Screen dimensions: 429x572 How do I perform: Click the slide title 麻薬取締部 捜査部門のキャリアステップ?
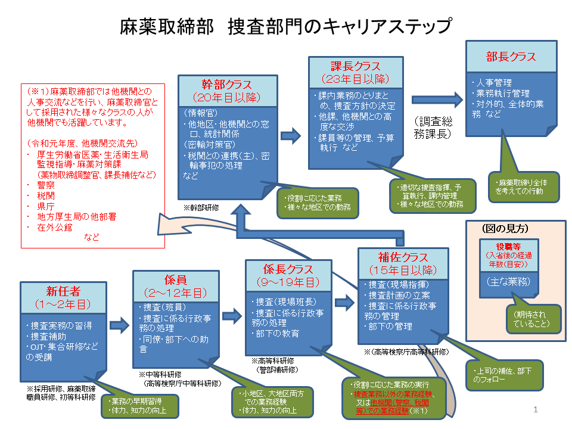pyautogui.click(x=285, y=27)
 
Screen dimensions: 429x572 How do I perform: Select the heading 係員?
pyautogui.click(x=176, y=279)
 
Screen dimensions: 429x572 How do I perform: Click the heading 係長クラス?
pyautogui.click(x=288, y=269)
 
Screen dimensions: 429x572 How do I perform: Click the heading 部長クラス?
pyautogui.click(x=511, y=57)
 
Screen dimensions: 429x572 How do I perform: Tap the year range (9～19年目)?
pyautogui.click(x=288, y=282)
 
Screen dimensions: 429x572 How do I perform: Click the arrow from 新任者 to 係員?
pyautogui.click(x=120, y=325)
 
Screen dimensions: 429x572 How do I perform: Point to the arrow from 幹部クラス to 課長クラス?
pyautogui.click(x=291, y=136)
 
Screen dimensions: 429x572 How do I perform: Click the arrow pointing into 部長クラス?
pyautogui.click(x=436, y=99)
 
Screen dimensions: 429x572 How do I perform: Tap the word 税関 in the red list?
pyautogui.click(x=46, y=195)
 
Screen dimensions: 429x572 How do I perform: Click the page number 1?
pyautogui.click(x=536, y=410)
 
